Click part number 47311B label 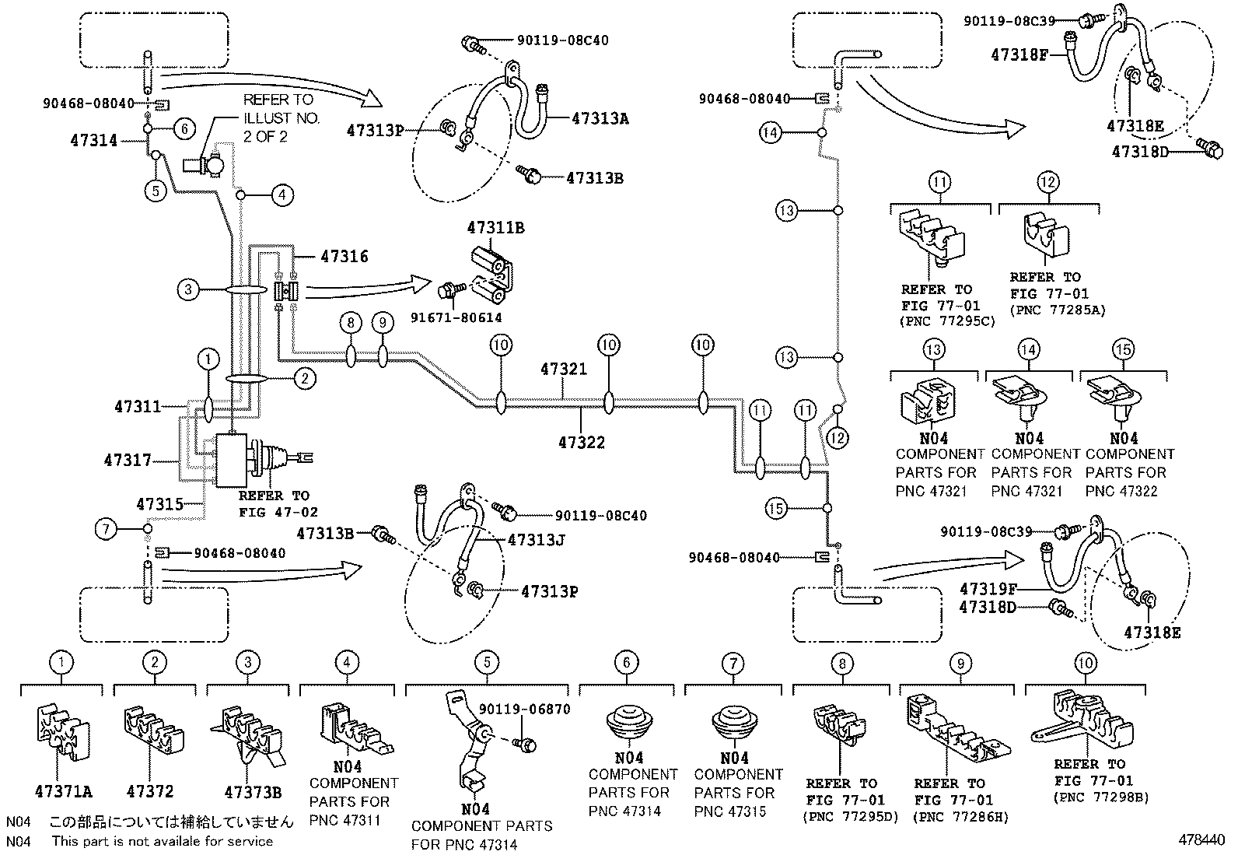coord(495,228)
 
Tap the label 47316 coord(344,256)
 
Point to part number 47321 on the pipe coord(563,370)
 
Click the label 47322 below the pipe coord(581,442)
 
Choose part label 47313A coord(600,118)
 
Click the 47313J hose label coord(536,538)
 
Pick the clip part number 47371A coord(64,792)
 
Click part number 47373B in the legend coord(253,792)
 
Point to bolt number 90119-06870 coord(524,709)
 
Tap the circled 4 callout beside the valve coord(282,194)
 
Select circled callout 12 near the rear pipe coord(837,439)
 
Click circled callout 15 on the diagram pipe coord(776,509)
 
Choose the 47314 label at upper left coord(93,140)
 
